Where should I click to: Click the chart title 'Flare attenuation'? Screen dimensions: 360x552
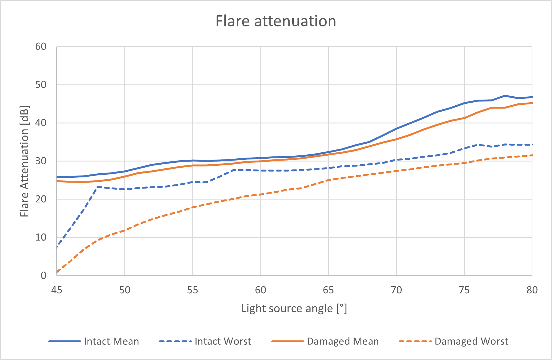[276, 21]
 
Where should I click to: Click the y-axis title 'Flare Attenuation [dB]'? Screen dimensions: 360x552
[24, 161]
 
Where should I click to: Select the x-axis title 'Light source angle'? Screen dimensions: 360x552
[294, 309]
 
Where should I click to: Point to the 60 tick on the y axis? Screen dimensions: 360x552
[41, 47]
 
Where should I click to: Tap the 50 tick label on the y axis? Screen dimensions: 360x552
[41, 85]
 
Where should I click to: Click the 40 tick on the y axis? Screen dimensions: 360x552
[41, 123]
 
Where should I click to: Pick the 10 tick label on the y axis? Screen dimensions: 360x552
[41, 237]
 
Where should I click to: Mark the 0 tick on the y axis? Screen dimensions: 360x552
[44, 275]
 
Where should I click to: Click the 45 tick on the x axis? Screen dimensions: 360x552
[57, 290]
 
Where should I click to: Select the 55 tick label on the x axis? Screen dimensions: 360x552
[193, 290]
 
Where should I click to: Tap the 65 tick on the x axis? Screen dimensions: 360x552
[328, 290]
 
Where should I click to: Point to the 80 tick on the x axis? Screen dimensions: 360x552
[532, 290]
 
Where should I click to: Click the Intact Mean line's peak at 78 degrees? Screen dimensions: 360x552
[505, 96]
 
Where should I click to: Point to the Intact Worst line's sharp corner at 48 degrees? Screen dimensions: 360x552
[97, 187]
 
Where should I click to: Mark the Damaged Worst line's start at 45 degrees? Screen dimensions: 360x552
[57, 272]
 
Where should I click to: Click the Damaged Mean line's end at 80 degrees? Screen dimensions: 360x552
[532, 103]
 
